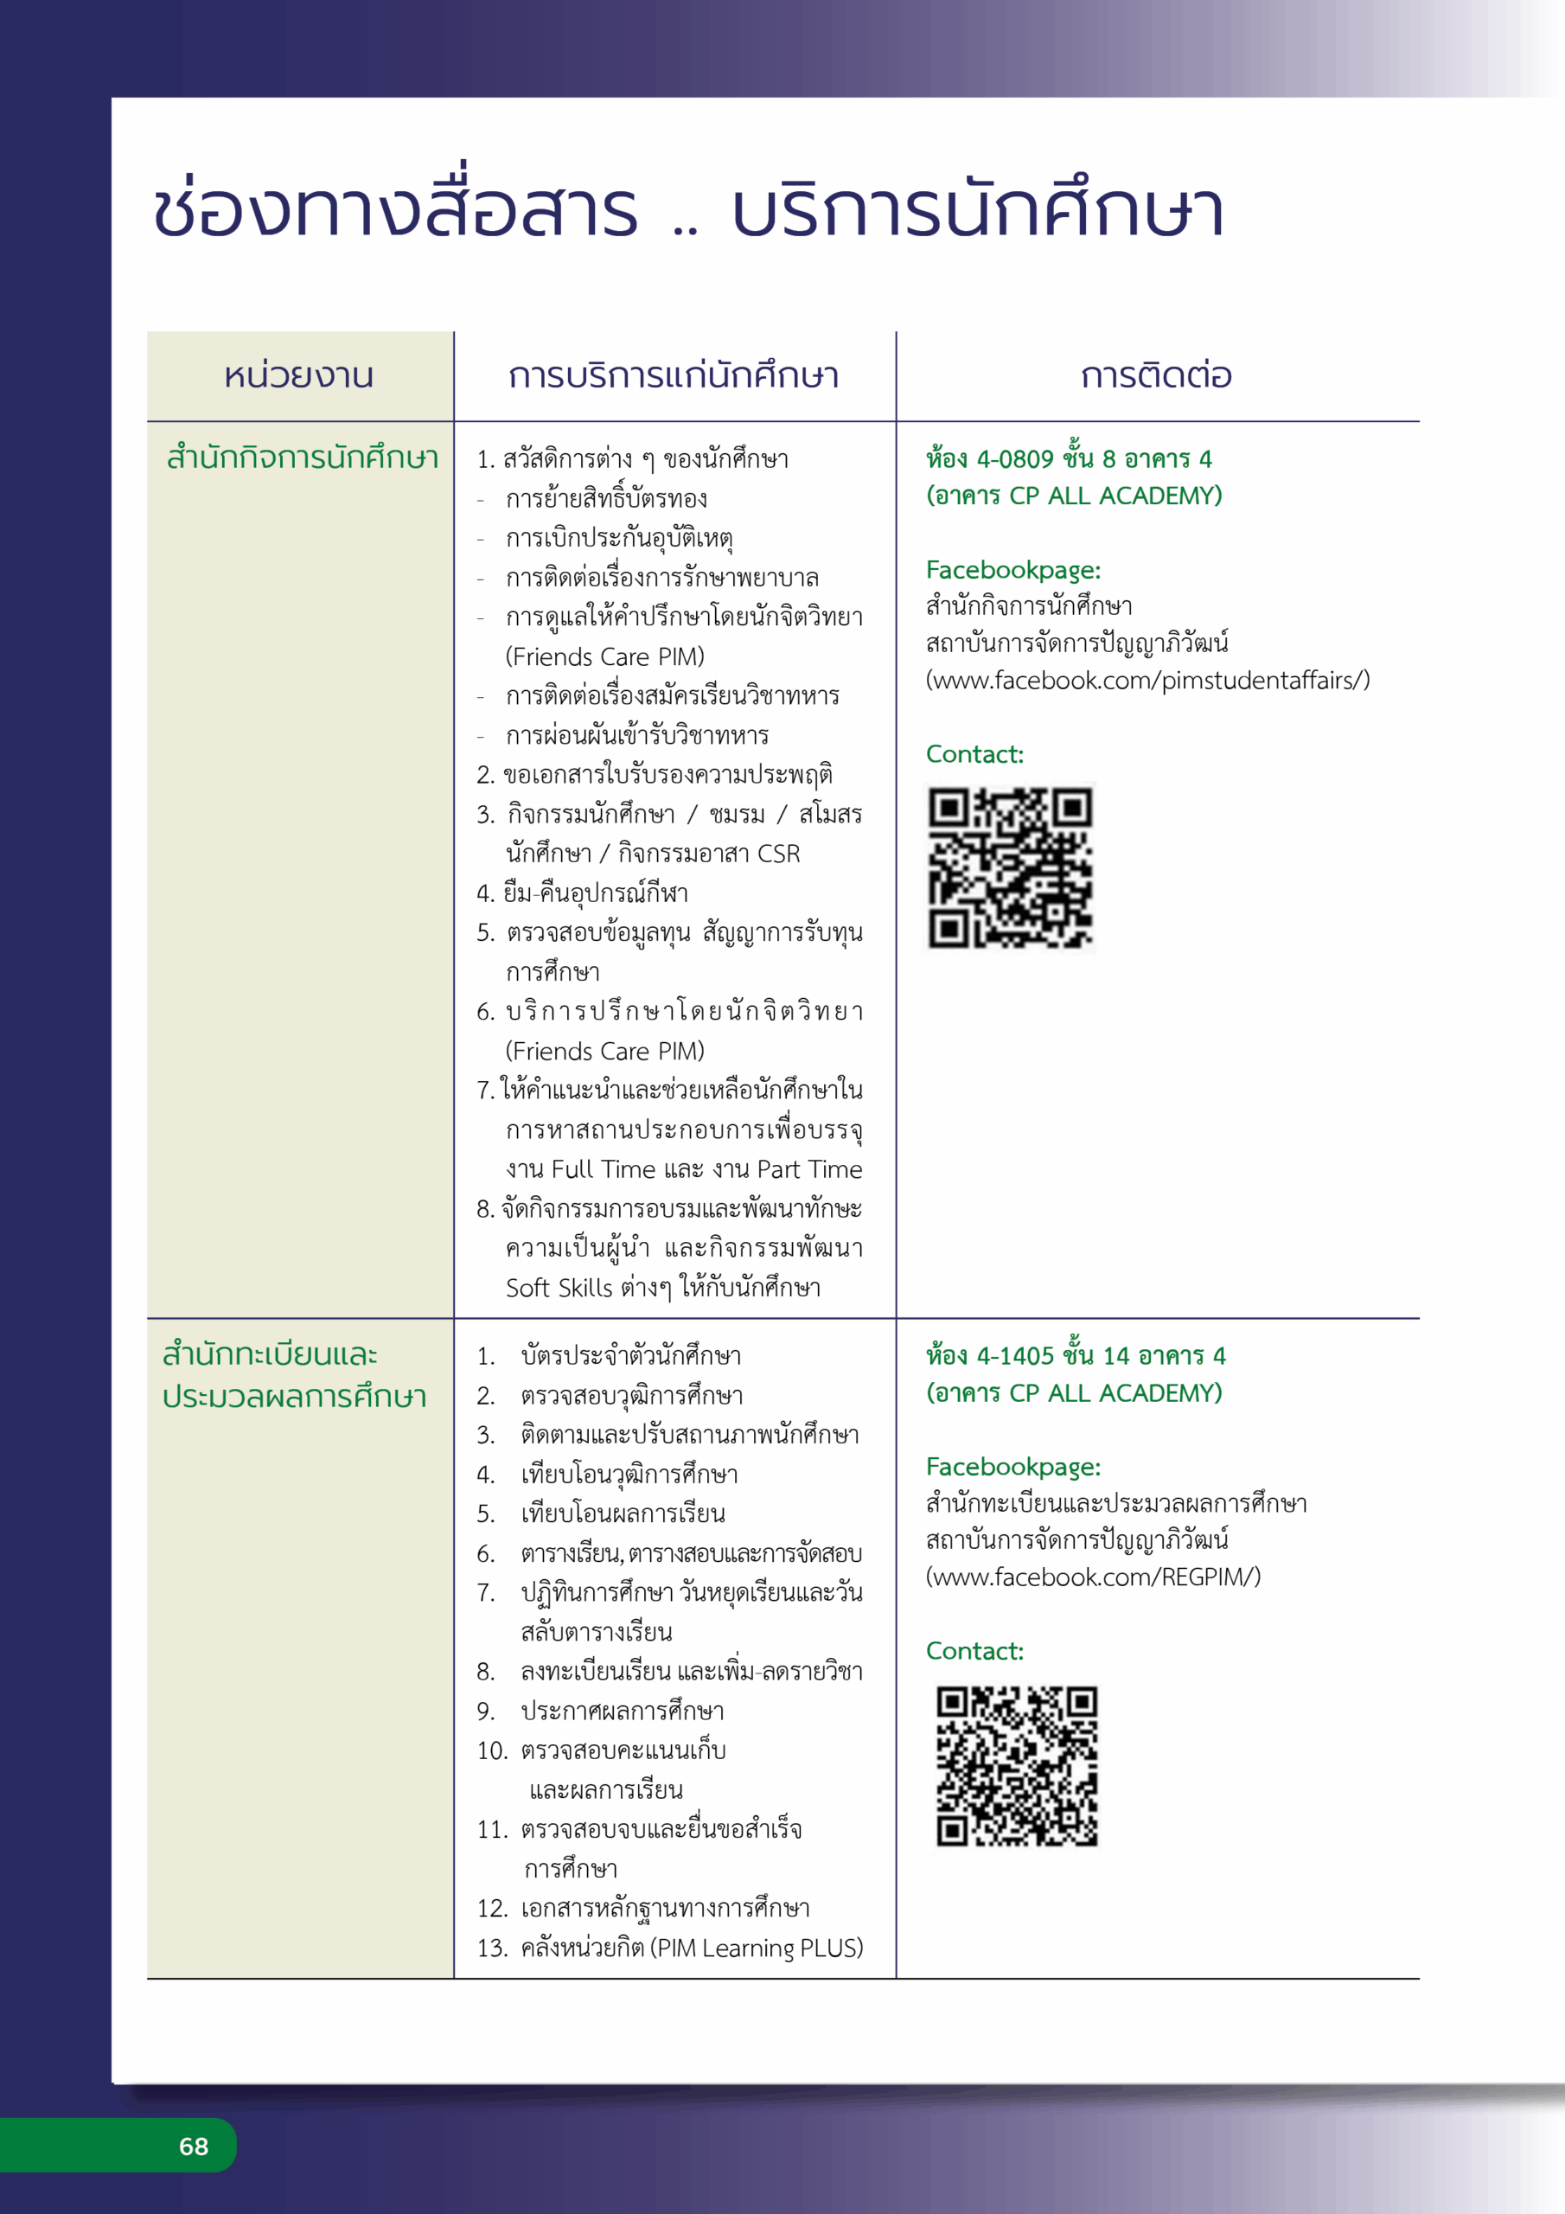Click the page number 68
point(194,2146)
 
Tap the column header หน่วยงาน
point(299,376)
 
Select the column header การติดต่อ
point(1156,376)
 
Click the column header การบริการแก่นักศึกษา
point(674,376)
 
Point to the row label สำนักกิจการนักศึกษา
point(302,458)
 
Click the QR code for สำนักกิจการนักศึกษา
point(1011,867)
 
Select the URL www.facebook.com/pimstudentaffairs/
point(1147,681)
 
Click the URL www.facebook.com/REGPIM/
point(1093,1577)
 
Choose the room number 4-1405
point(1015,1357)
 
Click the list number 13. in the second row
point(492,1948)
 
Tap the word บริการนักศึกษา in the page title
point(978,210)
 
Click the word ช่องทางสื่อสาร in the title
point(395,210)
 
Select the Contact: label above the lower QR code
point(974,1652)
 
